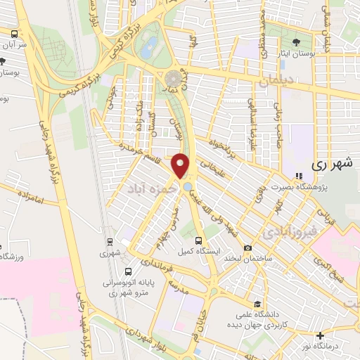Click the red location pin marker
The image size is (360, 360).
tap(181, 166)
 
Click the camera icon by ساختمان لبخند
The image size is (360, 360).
tap(247, 247)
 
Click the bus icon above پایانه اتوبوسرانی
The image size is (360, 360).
tap(127, 271)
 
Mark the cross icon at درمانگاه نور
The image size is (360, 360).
tap(321, 335)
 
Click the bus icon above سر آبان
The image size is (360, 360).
tap(13, 32)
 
